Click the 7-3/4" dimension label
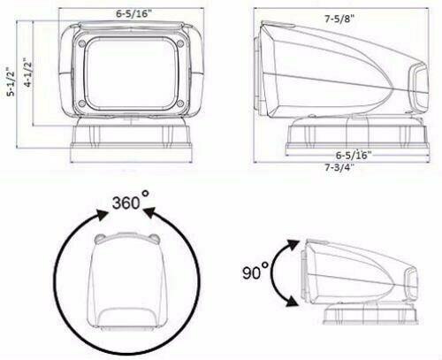(340, 167)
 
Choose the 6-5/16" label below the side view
(352, 154)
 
